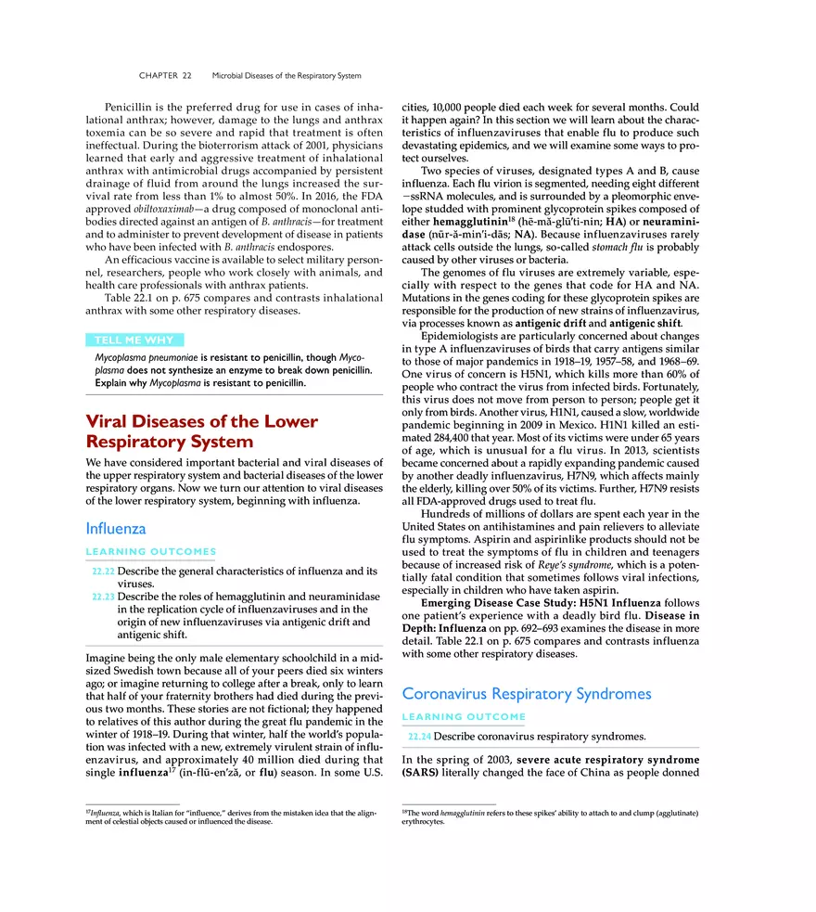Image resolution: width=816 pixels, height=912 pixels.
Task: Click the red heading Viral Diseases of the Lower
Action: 201,421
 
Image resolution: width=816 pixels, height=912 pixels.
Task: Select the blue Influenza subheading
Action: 115,529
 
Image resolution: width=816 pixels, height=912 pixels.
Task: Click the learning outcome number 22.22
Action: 104,572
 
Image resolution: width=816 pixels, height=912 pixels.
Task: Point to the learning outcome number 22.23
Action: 104,597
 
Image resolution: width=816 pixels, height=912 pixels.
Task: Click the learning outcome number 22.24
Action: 420,737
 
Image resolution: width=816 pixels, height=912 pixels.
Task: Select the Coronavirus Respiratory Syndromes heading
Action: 526,694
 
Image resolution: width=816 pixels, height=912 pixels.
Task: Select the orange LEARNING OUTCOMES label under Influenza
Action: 150,552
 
